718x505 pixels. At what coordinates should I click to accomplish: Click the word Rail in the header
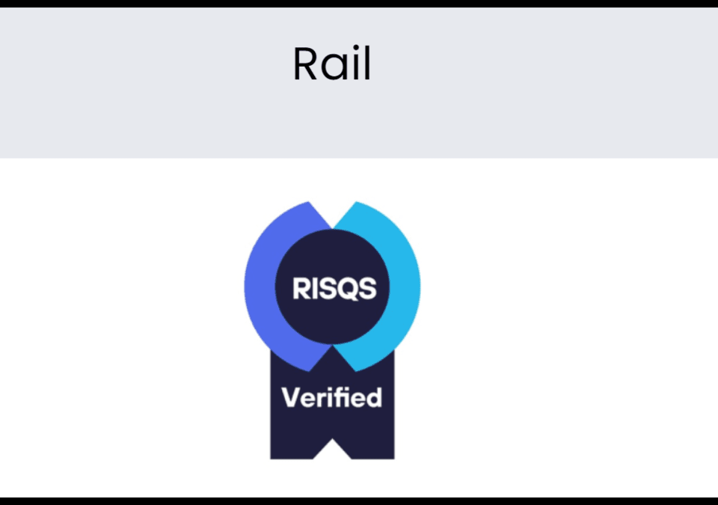pyautogui.click(x=331, y=64)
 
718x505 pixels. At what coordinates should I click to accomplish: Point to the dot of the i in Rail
pyautogui.click(x=349, y=49)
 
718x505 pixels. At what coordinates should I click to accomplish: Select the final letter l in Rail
pyautogui.click(x=366, y=64)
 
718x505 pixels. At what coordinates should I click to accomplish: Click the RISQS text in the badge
pyautogui.click(x=334, y=288)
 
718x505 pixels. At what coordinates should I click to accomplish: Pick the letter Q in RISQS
pyautogui.click(x=346, y=288)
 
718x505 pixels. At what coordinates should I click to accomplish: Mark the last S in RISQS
pyautogui.click(x=366, y=288)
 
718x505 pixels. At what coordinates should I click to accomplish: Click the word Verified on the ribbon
pyautogui.click(x=331, y=397)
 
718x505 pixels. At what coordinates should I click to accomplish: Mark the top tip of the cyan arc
pyautogui.click(x=357, y=203)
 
